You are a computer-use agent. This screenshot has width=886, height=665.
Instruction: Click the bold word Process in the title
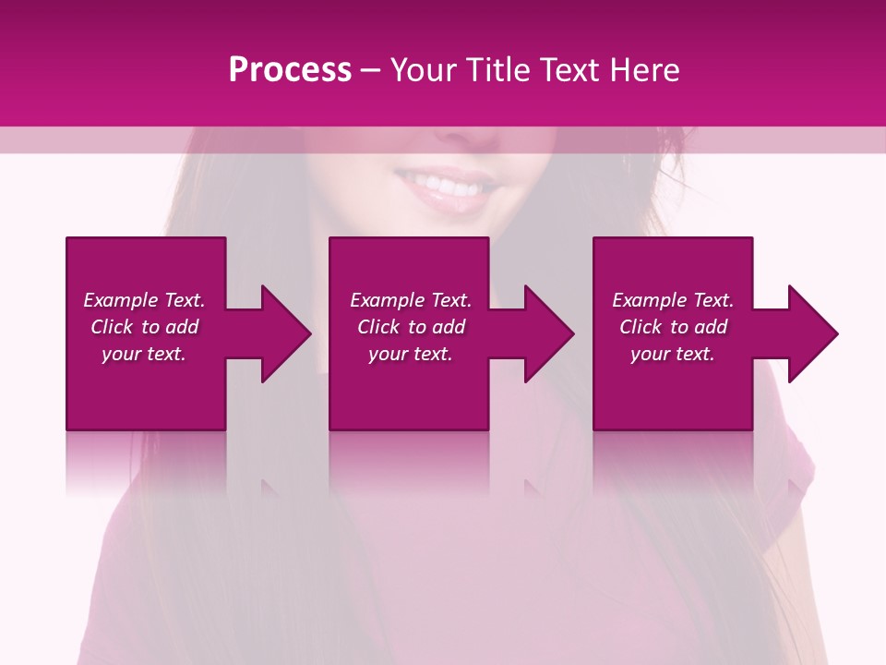tap(290, 70)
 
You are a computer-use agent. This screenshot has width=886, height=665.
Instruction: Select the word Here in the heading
tap(646, 70)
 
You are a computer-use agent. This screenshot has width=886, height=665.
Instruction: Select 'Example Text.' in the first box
tap(144, 300)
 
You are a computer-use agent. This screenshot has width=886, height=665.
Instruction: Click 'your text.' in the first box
tap(144, 354)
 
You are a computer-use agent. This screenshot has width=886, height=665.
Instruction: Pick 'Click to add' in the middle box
tap(411, 327)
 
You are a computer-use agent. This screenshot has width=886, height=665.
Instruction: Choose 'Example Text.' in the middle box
tap(411, 300)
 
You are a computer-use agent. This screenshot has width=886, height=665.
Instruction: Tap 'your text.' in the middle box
tap(411, 354)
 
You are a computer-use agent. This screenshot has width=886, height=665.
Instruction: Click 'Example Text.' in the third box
tap(673, 300)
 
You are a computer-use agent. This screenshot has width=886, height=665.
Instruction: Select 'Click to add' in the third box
tap(673, 327)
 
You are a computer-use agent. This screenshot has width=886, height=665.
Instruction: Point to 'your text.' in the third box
tap(673, 354)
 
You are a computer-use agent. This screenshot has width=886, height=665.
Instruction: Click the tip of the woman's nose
tap(476, 139)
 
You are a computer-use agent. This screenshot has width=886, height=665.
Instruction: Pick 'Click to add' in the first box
tap(144, 327)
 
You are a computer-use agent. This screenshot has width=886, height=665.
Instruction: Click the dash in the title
tap(370, 70)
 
